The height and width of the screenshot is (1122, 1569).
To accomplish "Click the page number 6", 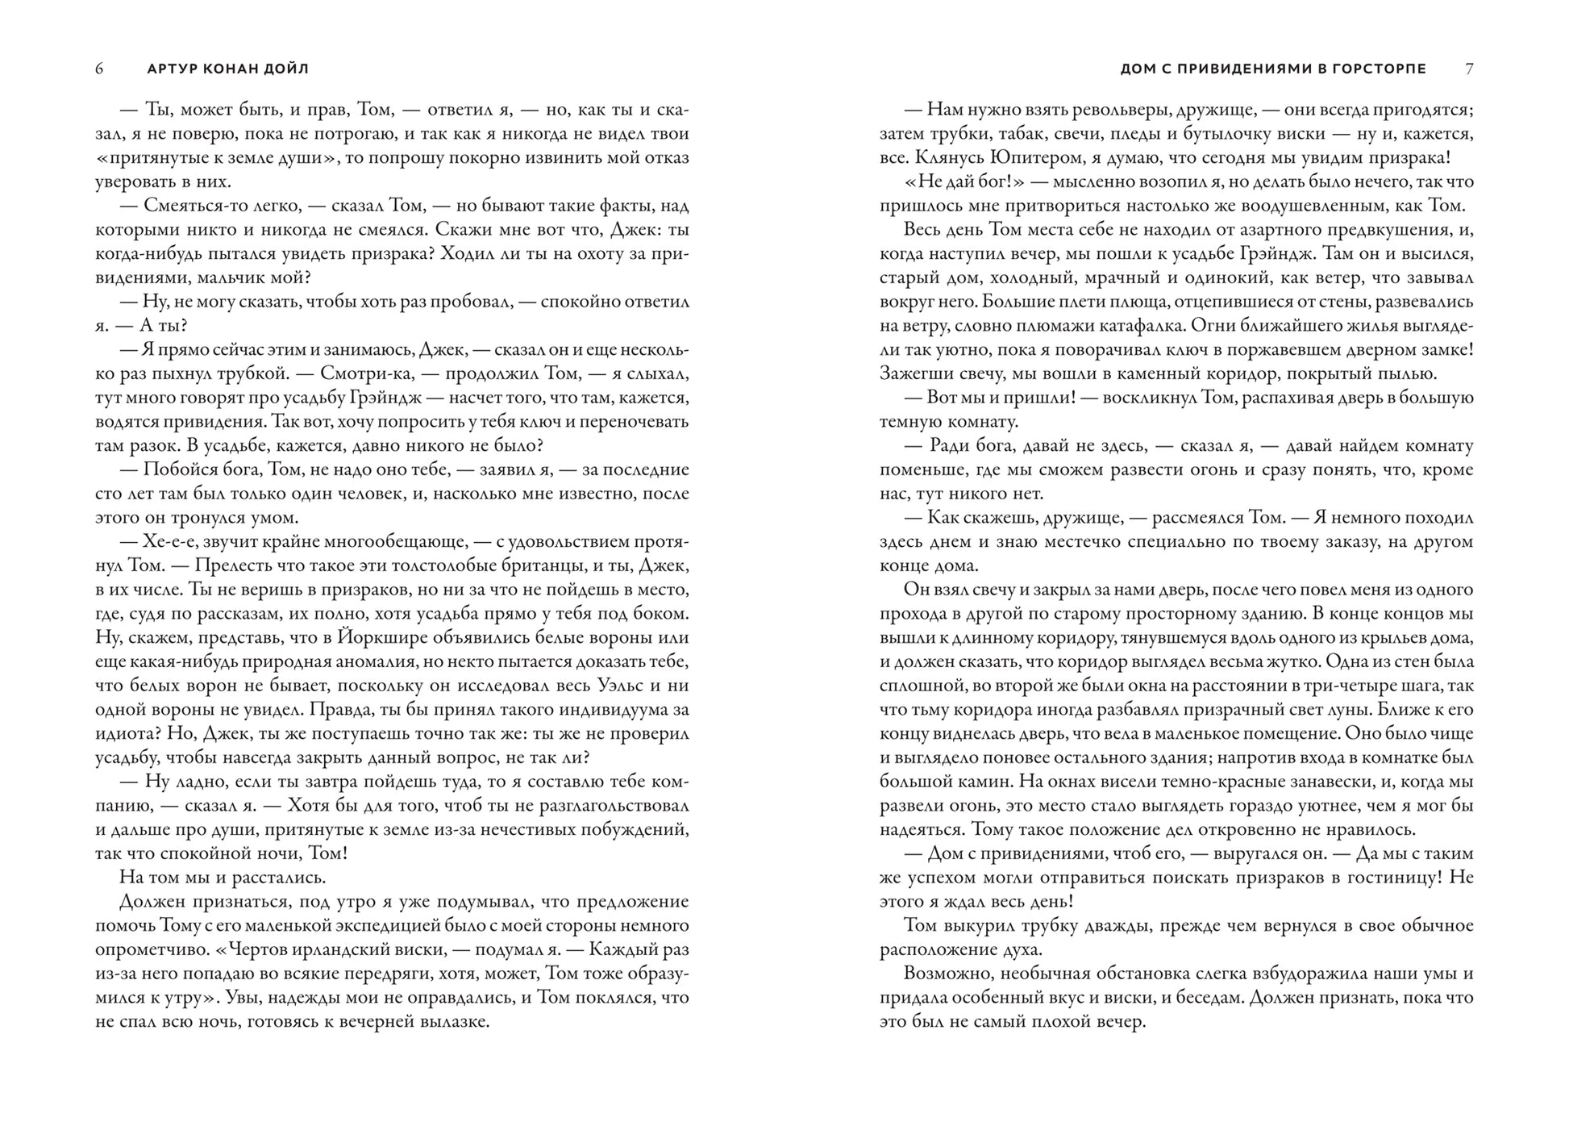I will tap(99, 69).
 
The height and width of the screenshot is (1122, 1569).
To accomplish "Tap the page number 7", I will tap(1469, 69).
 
